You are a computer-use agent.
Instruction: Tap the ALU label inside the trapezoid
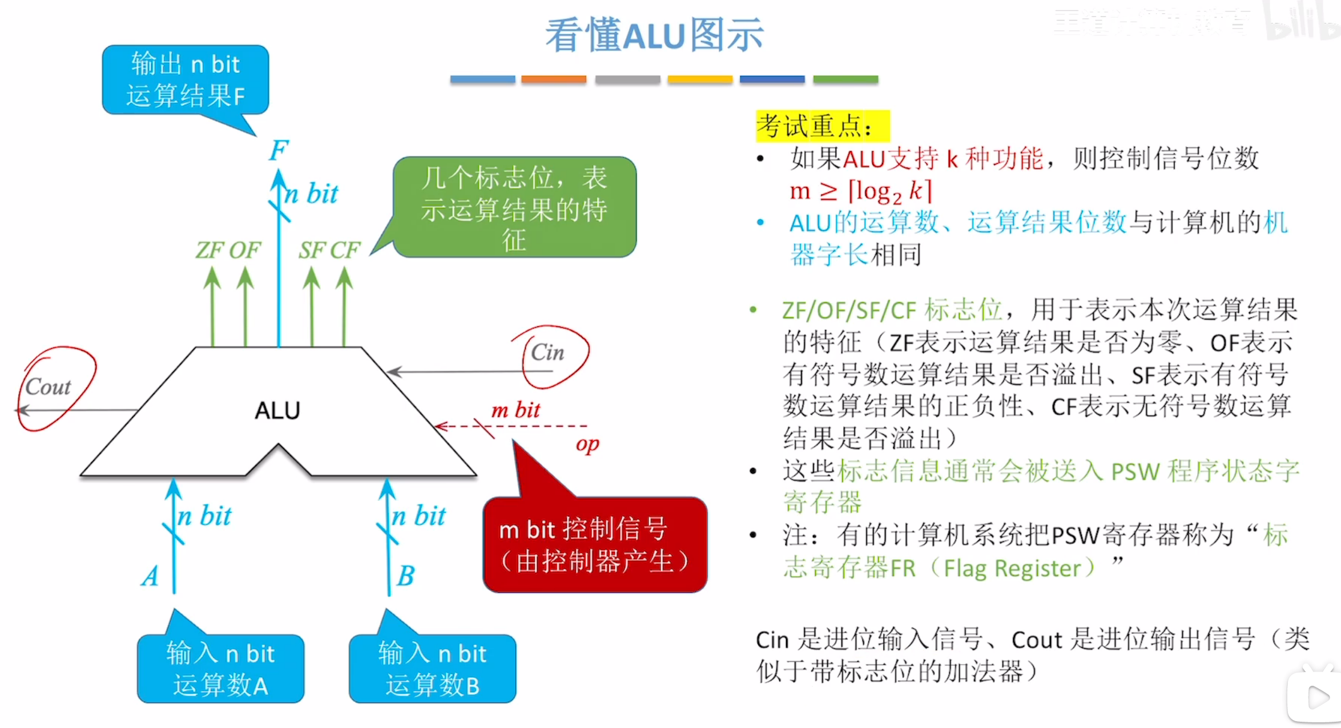pyautogui.click(x=277, y=410)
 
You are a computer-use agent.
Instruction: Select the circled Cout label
pyautogui.click(x=48, y=387)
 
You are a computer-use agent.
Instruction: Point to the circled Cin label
pyautogui.click(x=547, y=353)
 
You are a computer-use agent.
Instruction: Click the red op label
pyautogui.click(x=587, y=444)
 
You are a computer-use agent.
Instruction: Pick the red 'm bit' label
pyautogui.click(x=516, y=410)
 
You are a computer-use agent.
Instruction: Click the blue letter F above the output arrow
pyautogui.click(x=279, y=151)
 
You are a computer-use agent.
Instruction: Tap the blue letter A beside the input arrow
pyautogui.click(x=150, y=576)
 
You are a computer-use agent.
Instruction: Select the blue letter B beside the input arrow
pyautogui.click(x=405, y=576)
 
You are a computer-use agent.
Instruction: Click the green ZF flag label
pyautogui.click(x=210, y=250)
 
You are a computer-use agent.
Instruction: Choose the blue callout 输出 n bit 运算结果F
pyautogui.click(x=186, y=80)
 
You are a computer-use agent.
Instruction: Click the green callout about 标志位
pyautogui.click(x=514, y=208)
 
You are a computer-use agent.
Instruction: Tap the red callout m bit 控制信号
pyautogui.click(x=595, y=545)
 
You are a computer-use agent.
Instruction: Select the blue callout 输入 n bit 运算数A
pyautogui.click(x=220, y=669)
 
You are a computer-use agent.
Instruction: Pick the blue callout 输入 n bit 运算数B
pyautogui.click(x=432, y=669)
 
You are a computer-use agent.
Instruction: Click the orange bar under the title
pyautogui.click(x=553, y=79)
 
